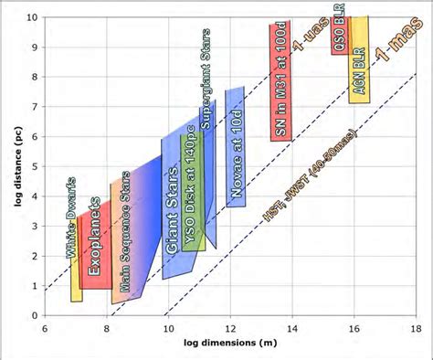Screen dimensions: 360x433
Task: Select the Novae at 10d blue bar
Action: point(235,146)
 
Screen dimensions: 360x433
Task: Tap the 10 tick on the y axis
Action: point(32,17)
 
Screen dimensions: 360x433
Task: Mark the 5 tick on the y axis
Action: point(34,166)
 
